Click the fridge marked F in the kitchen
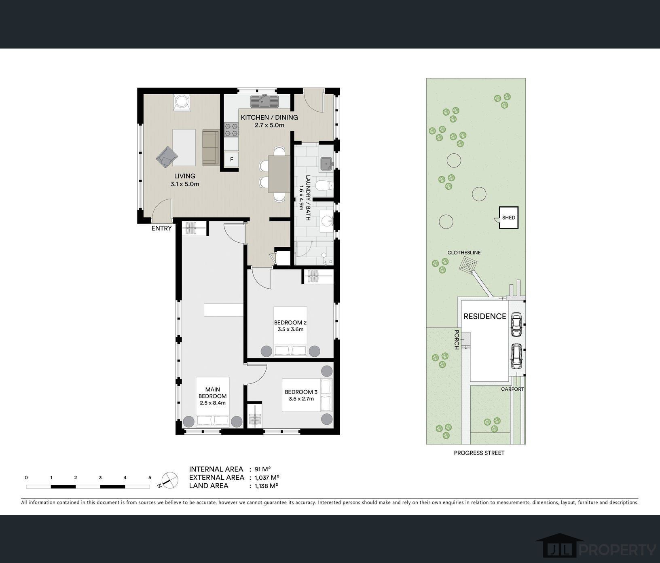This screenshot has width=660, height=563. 232,159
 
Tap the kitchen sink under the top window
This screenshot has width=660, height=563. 265,101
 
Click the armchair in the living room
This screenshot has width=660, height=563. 167,157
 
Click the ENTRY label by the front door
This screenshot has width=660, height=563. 161,228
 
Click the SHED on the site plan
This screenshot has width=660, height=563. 508,218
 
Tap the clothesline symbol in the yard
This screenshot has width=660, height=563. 468,265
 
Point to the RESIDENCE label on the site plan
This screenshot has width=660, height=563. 485,316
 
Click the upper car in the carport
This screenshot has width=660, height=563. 516,324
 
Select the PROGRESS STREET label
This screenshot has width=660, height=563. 479,453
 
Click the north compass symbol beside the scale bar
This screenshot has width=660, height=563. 169,480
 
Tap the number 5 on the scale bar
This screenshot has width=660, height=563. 150,478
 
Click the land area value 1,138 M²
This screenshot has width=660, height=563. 266,486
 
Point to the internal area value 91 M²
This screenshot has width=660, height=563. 262,469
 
